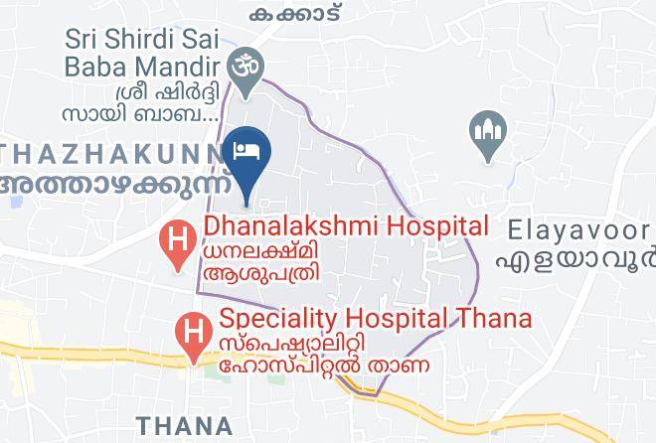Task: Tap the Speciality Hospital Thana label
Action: (x=375, y=319)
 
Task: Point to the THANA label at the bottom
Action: (x=185, y=425)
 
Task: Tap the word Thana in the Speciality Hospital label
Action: (x=495, y=319)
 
